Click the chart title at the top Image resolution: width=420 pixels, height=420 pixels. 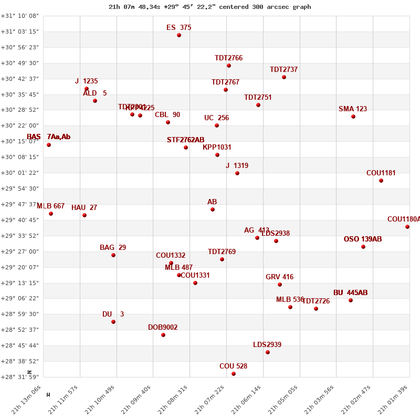click(x=210, y=7)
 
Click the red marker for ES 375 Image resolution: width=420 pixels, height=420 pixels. click(x=179, y=35)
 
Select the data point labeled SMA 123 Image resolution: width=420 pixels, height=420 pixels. click(x=353, y=117)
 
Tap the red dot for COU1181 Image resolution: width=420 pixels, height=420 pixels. click(x=381, y=181)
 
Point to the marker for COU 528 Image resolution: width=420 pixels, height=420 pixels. click(x=234, y=374)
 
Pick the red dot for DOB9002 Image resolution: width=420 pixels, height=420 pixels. click(x=163, y=335)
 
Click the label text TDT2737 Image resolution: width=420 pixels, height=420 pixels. click(x=283, y=70)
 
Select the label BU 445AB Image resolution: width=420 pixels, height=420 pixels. click(x=350, y=293)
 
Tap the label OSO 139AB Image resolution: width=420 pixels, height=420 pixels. click(x=363, y=239)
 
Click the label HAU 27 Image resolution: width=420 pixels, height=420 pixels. click(x=84, y=208)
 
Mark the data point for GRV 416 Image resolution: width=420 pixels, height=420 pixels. click(x=280, y=285)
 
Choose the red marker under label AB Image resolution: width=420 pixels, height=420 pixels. click(x=213, y=209)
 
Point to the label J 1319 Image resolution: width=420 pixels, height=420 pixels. click(x=237, y=166)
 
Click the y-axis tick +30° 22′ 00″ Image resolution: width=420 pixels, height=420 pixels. click(x=20, y=125)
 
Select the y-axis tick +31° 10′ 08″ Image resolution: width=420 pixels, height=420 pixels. click(x=20, y=16)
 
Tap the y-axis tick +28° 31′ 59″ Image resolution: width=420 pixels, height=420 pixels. click(x=20, y=377)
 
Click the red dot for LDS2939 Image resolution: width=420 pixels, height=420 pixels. click(x=268, y=352)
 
